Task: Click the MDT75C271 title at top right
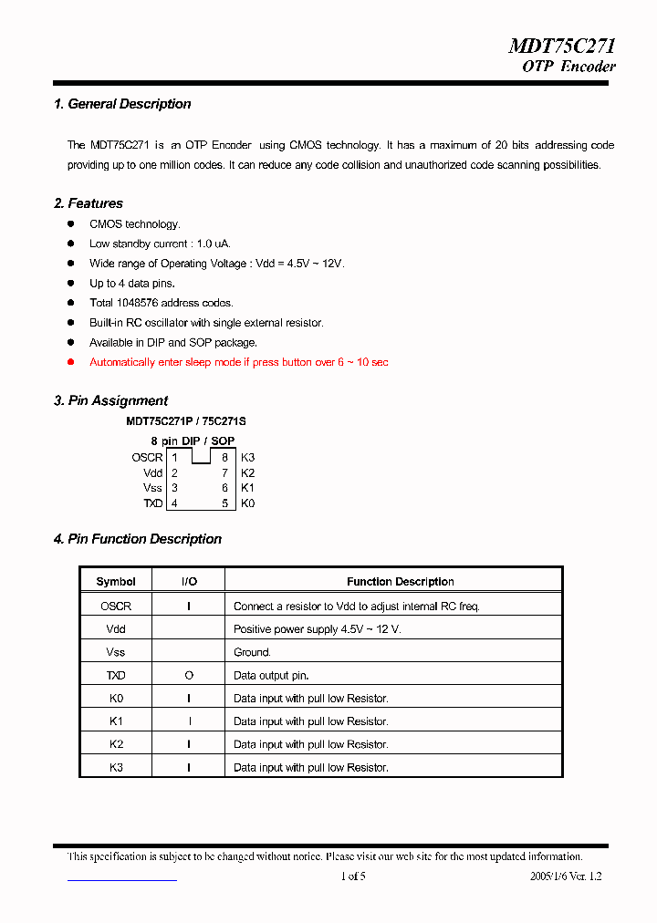tap(561, 47)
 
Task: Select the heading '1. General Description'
tap(122, 104)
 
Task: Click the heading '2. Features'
tap(89, 203)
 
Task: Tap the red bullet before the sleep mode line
tap(71, 362)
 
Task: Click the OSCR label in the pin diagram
tap(147, 458)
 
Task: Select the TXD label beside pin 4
tap(152, 503)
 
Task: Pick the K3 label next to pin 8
tap(247, 458)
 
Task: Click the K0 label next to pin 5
tap(247, 503)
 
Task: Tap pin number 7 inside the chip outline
tap(224, 473)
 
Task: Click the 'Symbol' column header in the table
tap(116, 582)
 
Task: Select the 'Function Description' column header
tap(400, 582)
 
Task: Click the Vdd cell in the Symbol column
tap(116, 629)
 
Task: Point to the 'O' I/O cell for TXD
tap(189, 676)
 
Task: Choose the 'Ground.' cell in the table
tap(252, 653)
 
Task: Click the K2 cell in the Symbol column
tap(116, 744)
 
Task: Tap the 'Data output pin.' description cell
tap(271, 676)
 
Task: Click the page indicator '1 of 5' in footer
tap(352, 876)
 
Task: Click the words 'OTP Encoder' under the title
tap(568, 67)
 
